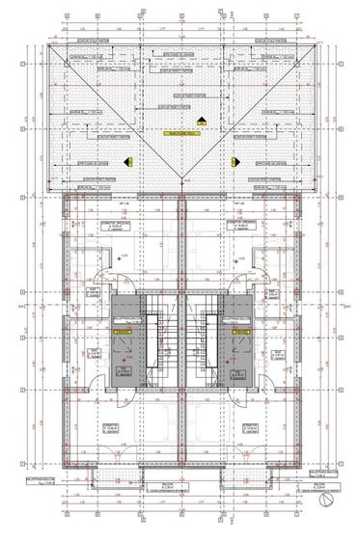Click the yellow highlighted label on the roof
click(180, 134)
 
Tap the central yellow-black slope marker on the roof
click(201, 121)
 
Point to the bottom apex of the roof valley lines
click(180, 180)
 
